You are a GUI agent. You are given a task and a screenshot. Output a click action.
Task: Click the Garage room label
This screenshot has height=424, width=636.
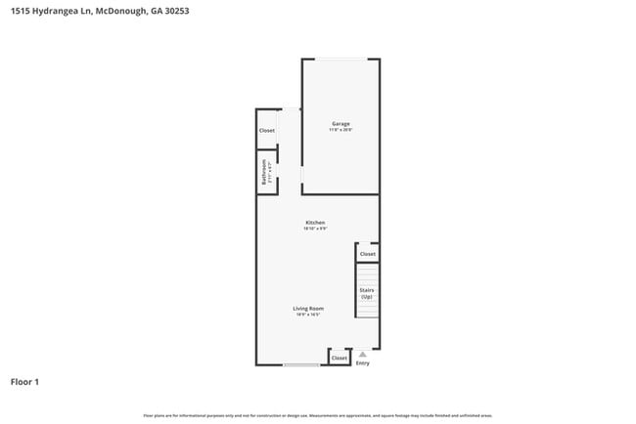tap(341, 124)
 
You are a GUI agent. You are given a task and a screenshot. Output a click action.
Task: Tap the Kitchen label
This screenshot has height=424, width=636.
tap(314, 222)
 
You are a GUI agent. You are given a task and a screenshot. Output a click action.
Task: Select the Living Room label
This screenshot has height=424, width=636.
tap(308, 309)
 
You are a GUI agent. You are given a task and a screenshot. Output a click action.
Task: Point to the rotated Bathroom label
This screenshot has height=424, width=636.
tap(264, 174)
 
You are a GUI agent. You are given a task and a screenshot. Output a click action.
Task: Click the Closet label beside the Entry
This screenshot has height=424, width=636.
tap(339, 359)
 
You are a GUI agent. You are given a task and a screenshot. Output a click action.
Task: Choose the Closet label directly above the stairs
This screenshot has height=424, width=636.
tap(367, 254)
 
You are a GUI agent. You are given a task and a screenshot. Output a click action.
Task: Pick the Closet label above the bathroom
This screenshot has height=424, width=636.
tap(266, 131)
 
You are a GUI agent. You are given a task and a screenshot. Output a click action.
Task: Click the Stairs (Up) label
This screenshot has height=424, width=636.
tap(367, 292)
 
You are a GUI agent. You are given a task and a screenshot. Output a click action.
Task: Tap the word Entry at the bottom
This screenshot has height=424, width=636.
tap(363, 363)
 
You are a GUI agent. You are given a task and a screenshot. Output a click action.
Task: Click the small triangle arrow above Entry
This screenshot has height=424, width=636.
tap(363, 355)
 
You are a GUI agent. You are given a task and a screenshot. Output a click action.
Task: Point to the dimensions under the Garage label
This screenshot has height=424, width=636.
tap(341, 131)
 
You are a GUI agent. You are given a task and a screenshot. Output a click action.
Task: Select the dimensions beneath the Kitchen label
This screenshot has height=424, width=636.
tap(314, 229)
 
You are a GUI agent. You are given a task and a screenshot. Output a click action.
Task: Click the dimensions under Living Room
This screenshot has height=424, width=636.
tap(308, 316)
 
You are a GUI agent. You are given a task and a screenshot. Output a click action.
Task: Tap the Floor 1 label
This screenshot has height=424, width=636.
tap(24, 382)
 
